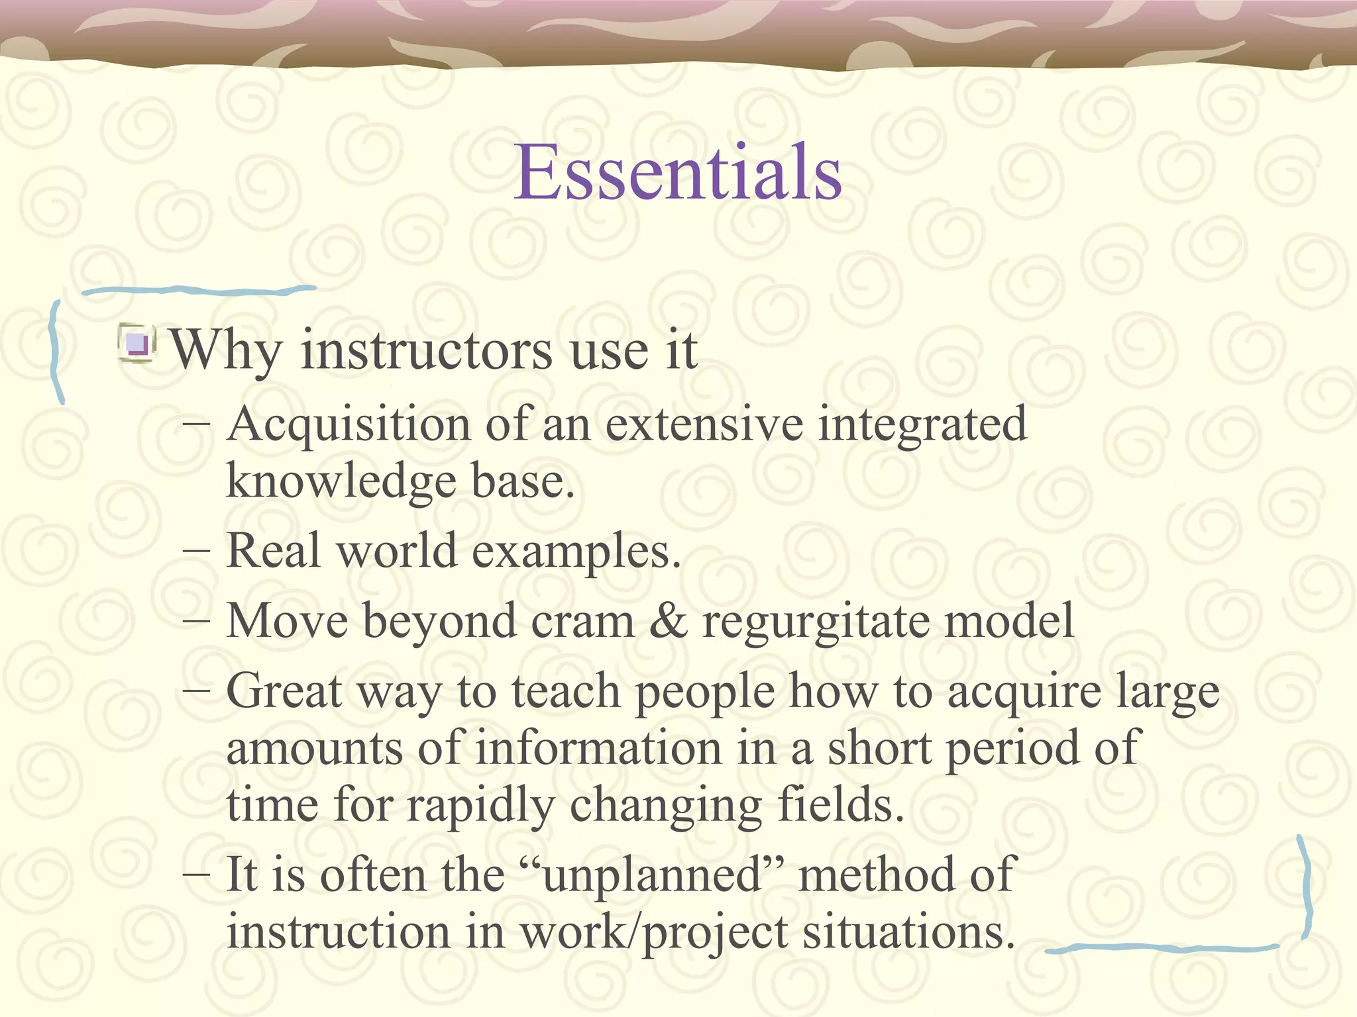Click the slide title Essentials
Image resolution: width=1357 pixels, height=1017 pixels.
tap(678, 173)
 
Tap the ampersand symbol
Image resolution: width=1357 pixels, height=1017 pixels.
tap(669, 621)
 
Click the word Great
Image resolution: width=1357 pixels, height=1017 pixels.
tap(284, 692)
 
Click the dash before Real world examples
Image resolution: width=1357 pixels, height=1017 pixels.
tap(197, 551)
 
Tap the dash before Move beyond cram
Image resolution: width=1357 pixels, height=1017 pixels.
tap(197, 621)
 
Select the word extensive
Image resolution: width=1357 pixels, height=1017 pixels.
tap(704, 424)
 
